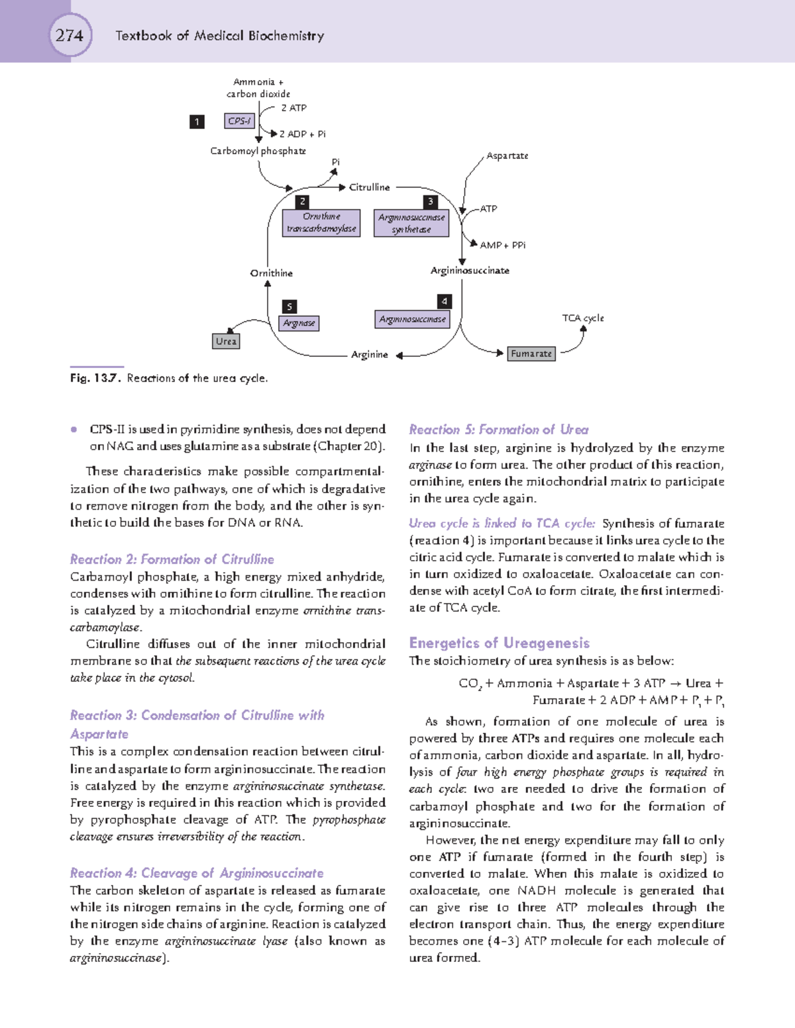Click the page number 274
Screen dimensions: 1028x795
coord(70,35)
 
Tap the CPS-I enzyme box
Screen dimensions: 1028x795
coord(239,121)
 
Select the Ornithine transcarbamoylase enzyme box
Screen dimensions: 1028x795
coord(321,223)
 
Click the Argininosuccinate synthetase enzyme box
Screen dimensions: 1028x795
coord(411,223)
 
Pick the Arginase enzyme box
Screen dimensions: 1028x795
coord(299,323)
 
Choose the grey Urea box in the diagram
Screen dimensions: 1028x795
coord(226,342)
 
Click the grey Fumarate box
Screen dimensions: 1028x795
coord(531,353)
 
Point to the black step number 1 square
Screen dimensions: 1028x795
coord(197,121)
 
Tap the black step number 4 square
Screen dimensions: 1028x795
coord(445,301)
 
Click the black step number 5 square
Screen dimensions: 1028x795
coord(289,306)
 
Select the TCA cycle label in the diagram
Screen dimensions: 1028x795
coord(583,318)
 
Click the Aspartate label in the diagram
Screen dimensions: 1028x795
coord(507,156)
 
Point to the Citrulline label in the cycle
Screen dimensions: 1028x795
coord(369,187)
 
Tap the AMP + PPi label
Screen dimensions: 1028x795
coord(503,245)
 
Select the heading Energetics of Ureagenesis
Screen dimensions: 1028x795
coord(499,643)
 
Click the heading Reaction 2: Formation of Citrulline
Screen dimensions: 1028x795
coord(172,559)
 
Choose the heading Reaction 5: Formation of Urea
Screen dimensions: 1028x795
coord(498,430)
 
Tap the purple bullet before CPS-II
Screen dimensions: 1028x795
coord(74,429)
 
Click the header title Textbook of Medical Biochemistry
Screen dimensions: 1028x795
coord(219,36)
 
